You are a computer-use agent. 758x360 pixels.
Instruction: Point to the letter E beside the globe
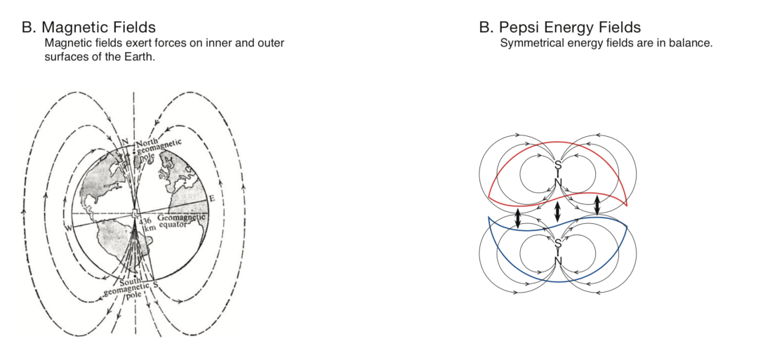click(211, 199)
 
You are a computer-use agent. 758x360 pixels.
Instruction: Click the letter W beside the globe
click(69, 227)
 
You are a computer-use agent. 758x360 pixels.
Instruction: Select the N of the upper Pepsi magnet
click(558, 182)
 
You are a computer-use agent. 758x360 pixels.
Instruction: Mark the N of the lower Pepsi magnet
click(558, 260)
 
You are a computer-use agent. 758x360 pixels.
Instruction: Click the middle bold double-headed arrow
click(558, 211)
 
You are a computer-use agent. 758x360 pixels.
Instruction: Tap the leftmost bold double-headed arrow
click(518, 218)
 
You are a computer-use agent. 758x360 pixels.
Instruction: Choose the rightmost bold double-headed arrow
click(598, 205)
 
